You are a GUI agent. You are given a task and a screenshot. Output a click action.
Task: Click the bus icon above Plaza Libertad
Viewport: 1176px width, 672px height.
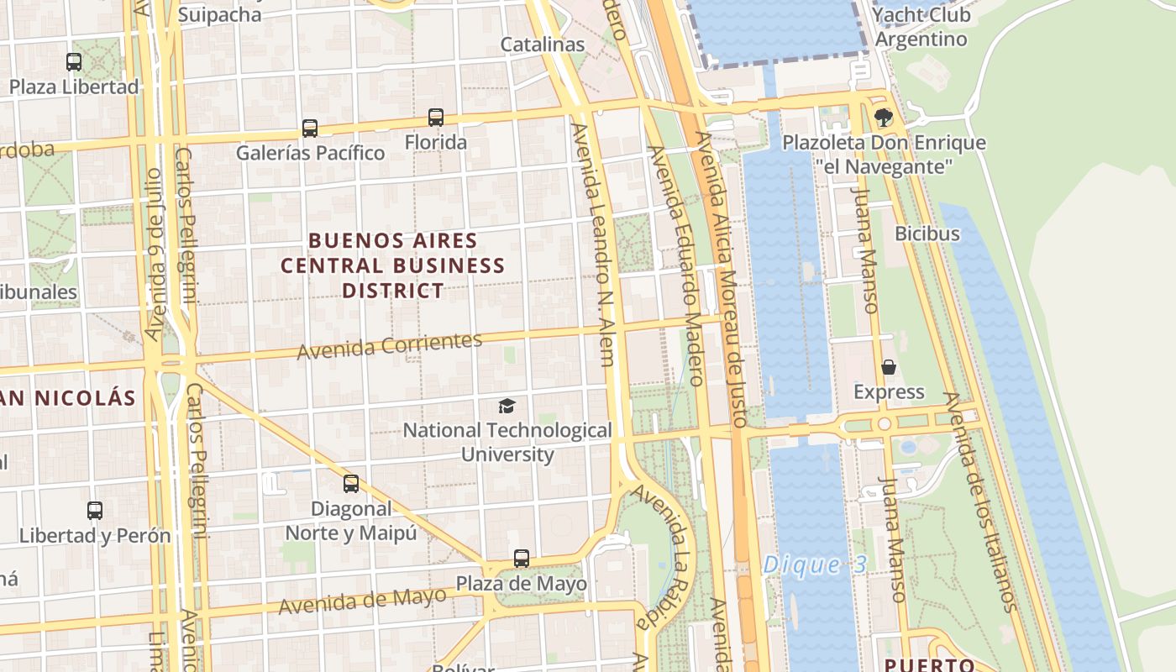[74, 61]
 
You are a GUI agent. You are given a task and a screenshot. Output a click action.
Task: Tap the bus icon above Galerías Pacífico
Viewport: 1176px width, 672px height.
[310, 128]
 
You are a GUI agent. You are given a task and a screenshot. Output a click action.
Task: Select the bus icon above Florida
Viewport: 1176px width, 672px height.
[436, 118]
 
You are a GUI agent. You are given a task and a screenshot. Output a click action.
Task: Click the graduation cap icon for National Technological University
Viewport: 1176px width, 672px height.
[507, 407]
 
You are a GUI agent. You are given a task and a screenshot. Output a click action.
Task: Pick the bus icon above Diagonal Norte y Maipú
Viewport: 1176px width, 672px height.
[351, 484]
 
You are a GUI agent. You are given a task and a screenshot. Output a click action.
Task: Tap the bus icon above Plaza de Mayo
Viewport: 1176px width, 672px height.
[522, 559]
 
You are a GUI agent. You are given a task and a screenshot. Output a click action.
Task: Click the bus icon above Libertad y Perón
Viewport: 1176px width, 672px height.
[95, 511]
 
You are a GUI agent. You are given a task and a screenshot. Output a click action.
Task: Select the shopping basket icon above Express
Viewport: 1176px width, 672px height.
[889, 367]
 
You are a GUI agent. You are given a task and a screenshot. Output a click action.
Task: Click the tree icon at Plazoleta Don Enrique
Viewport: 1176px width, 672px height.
[883, 117]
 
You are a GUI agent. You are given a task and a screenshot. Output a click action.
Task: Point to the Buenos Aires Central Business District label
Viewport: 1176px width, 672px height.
[392, 265]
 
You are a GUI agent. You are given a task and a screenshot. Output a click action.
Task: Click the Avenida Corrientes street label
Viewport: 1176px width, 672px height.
[390, 345]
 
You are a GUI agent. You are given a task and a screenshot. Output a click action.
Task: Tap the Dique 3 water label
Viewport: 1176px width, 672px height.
[814, 565]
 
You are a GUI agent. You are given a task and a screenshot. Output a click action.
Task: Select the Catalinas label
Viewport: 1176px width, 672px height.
[543, 45]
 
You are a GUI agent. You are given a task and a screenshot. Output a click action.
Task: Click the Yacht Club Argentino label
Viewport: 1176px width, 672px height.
[921, 27]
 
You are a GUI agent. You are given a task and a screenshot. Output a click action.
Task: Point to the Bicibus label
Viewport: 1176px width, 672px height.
[927, 234]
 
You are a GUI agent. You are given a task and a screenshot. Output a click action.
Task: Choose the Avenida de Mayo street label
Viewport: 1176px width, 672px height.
[362, 600]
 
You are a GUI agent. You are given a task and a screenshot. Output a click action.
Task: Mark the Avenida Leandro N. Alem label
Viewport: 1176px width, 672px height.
[594, 244]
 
